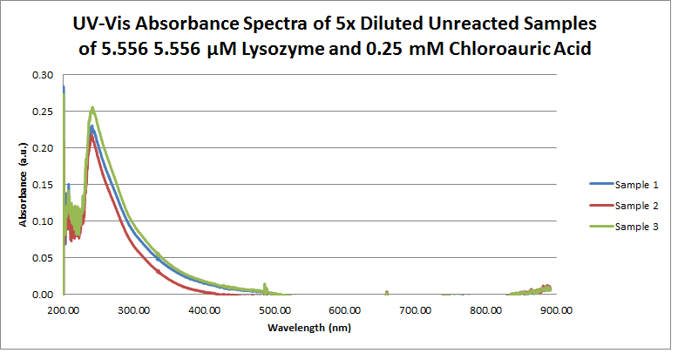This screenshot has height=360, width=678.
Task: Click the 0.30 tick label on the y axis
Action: pos(43,75)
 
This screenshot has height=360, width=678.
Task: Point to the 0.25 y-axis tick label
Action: pos(43,112)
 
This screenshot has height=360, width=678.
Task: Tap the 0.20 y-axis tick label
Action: pos(43,148)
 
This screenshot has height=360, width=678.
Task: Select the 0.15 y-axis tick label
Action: pos(43,185)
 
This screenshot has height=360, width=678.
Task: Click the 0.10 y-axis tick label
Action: pos(43,221)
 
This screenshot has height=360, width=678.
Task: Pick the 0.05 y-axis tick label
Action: pos(43,258)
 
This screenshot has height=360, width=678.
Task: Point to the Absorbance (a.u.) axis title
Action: pos(22,185)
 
